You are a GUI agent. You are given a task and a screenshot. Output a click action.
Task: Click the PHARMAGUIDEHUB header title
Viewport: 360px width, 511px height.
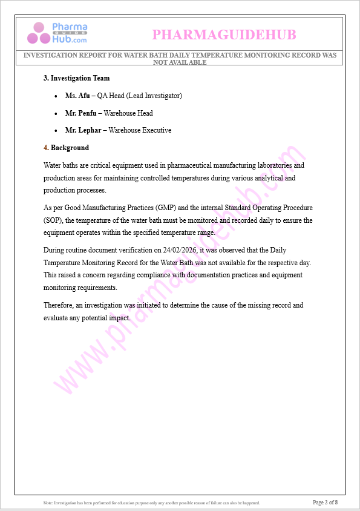click(224, 35)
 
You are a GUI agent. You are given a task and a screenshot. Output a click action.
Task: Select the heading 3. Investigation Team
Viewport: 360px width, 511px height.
click(76, 78)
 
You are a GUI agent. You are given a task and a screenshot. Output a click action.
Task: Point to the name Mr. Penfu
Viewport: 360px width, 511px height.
click(81, 113)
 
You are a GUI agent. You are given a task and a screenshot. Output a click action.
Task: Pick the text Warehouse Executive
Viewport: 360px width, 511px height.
click(140, 130)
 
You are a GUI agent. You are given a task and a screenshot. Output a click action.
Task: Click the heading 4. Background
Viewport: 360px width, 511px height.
click(67, 148)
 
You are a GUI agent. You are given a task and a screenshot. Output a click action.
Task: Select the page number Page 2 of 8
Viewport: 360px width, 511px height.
click(325, 502)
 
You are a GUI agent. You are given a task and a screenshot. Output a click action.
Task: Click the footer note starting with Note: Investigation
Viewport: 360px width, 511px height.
click(151, 503)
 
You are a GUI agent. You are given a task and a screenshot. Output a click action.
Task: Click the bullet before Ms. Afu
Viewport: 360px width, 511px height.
click(56, 96)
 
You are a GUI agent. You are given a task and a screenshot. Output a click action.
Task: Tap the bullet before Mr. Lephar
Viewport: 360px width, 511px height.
click(56, 131)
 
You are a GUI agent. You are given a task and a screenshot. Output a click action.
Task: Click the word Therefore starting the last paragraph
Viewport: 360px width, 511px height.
click(59, 305)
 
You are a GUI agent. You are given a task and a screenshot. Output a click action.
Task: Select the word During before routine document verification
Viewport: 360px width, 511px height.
click(54, 250)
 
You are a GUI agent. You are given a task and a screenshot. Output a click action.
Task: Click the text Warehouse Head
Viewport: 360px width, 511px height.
click(128, 113)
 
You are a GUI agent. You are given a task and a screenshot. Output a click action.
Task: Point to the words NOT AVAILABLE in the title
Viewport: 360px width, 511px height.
click(180, 62)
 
